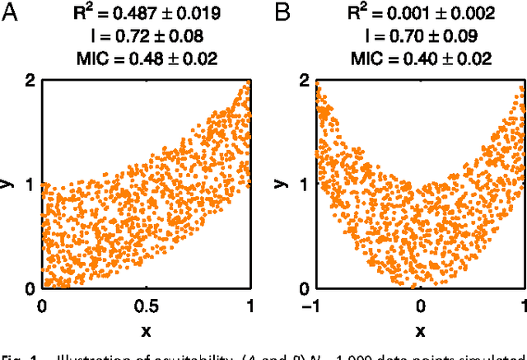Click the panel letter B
pos(281,15)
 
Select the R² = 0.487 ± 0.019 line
pos(145,15)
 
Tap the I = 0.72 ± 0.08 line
pos(145,36)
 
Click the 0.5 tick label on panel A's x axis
pos(145,305)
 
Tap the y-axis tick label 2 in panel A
pos(30,81)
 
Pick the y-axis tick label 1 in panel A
pos(30,185)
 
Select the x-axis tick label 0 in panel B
pos(420,305)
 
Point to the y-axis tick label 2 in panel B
pos(305,81)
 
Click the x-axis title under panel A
pos(145,331)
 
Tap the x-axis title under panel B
pos(420,331)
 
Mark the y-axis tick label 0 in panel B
pos(305,288)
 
